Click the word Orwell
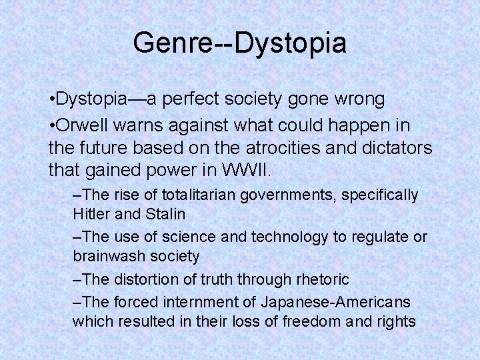81,125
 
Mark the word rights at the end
397,321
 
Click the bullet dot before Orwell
52,125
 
